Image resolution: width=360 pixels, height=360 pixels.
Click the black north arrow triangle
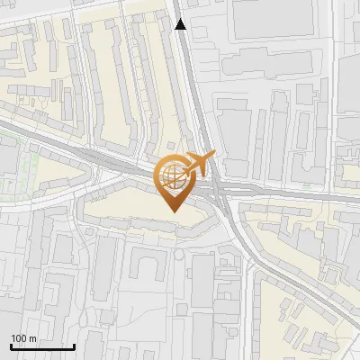(181, 24)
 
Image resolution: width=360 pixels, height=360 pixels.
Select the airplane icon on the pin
(200, 163)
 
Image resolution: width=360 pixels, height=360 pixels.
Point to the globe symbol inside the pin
(171, 176)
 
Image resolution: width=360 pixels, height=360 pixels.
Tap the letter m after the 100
(32, 338)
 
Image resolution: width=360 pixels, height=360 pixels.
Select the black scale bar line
(42, 346)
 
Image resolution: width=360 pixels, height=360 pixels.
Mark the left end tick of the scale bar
(11, 346)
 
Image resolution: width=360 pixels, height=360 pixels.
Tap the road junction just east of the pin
(220, 188)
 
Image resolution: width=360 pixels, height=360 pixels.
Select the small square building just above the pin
(171, 145)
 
